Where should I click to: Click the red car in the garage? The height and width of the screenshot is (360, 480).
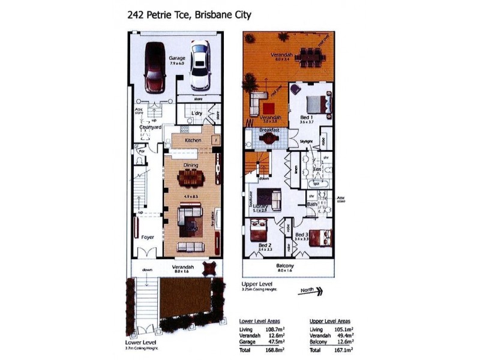(x=154, y=67)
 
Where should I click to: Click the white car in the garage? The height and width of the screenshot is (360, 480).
(x=200, y=65)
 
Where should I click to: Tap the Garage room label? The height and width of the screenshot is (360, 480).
(x=177, y=58)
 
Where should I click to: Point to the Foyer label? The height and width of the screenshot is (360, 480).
(x=148, y=237)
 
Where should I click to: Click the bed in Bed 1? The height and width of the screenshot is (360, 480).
(x=318, y=103)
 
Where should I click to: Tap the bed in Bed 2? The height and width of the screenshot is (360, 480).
(x=259, y=230)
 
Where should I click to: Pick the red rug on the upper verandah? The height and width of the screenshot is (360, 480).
(x=268, y=108)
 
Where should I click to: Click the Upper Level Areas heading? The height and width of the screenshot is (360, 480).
(x=329, y=321)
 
